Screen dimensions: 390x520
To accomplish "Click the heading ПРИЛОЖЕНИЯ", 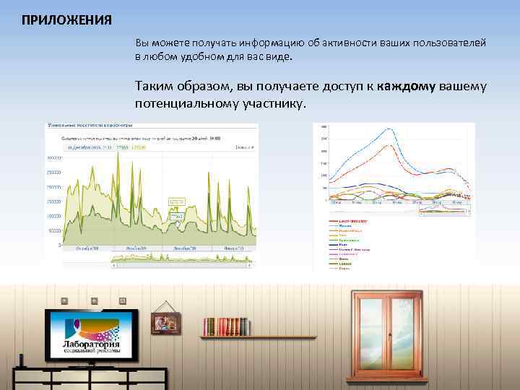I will point(66,19).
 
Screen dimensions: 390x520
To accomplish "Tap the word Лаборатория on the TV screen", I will point(92,344).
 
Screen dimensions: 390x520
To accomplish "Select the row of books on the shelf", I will point(226,326).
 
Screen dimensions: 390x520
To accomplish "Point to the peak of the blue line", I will point(390,129).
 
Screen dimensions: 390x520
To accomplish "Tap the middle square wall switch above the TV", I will point(94,300).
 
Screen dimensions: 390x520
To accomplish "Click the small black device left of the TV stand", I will point(22,360).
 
